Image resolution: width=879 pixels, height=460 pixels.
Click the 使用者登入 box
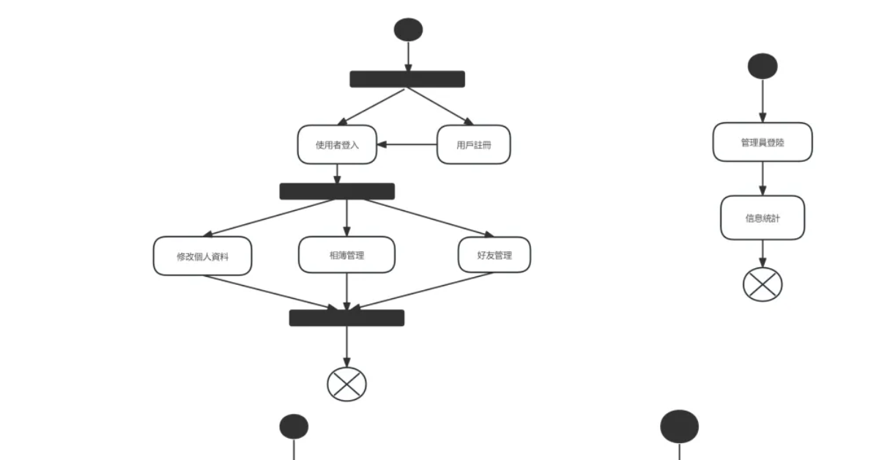(x=337, y=144)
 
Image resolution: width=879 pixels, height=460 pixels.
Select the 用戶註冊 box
(x=473, y=144)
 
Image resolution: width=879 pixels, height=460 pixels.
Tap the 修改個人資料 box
(x=203, y=256)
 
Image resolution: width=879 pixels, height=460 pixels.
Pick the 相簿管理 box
(x=346, y=255)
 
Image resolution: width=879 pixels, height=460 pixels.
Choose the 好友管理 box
(x=494, y=255)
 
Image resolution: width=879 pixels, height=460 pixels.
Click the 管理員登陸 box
(x=763, y=142)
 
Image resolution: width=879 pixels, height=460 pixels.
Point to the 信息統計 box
(x=763, y=218)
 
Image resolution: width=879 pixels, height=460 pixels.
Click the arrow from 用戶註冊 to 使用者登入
(x=407, y=144)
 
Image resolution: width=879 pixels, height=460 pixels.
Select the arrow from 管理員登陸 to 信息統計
(x=763, y=178)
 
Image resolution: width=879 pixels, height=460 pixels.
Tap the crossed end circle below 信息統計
(x=763, y=284)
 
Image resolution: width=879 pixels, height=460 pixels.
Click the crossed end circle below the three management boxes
(x=346, y=383)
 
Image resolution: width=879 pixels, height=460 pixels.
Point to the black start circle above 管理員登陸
(x=763, y=66)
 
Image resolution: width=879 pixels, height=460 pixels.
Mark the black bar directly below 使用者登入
(x=337, y=191)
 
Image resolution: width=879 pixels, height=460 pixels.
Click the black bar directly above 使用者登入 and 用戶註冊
(x=407, y=79)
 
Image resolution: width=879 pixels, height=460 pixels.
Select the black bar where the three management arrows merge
(x=346, y=318)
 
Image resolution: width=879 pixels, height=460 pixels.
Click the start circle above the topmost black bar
(x=408, y=29)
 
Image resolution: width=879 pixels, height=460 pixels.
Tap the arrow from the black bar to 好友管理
(x=425, y=218)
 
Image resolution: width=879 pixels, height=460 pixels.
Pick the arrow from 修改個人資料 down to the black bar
(x=275, y=292)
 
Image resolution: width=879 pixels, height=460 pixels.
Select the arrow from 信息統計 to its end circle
(x=763, y=254)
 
